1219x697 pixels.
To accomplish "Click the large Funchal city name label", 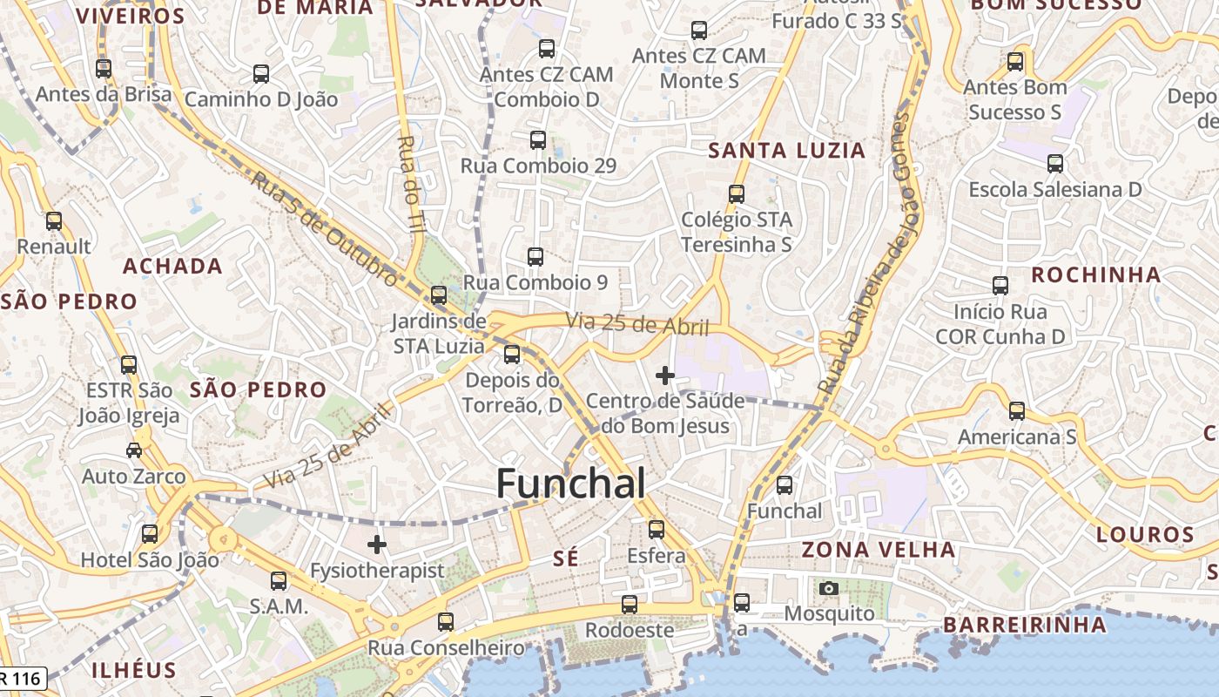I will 571,484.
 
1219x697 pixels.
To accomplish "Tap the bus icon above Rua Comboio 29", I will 538,139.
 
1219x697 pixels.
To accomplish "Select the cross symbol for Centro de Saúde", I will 665,376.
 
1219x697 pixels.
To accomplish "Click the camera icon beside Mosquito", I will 829,588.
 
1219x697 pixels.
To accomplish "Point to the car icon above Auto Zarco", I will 134,450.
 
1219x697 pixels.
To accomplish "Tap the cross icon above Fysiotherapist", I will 377,545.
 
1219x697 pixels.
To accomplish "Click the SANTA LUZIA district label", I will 786,151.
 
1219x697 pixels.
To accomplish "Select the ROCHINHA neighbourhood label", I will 1096,275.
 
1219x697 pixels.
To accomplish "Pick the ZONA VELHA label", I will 878,550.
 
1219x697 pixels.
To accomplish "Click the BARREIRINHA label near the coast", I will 1025,625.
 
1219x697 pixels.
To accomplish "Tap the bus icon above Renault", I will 54,221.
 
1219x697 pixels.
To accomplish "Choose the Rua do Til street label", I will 410,183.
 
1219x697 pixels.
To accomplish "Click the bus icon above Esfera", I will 657,529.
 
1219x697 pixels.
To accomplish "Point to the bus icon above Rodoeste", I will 630,604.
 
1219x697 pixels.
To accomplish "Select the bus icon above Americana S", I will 1017,411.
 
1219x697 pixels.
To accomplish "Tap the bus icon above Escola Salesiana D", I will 1055,163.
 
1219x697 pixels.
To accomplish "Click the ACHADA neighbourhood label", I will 172,266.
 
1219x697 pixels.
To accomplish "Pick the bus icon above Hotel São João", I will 150,533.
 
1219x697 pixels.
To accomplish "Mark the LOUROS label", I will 1145,534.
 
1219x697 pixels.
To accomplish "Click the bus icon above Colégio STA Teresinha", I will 737,193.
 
